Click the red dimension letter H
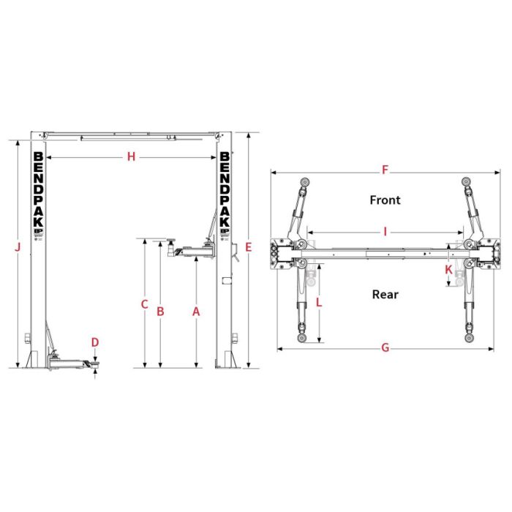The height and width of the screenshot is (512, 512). click(x=131, y=157)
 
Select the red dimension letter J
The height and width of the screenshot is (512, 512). click(x=18, y=247)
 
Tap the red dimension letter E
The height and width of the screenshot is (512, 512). click(x=249, y=247)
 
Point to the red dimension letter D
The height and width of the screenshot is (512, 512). click(x=94, y=342)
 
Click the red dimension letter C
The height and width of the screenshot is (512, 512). click(x=144, y=304)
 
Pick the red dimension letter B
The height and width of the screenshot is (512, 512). click(x=160, y=312)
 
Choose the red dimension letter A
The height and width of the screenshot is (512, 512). click(x=196, y=312)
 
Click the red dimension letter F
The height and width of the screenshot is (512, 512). click(x=385, y=170)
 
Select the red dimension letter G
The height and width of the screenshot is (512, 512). click(x=385, y=347)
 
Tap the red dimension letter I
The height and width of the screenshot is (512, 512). click(x=385, y=232)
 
